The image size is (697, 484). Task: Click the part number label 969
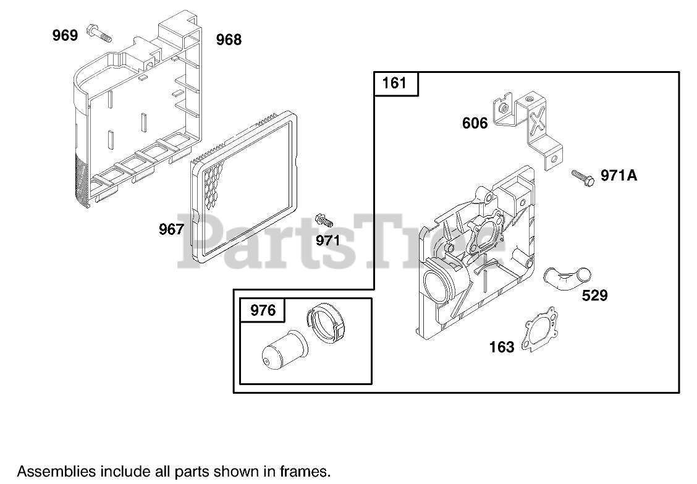(x=65, y=35)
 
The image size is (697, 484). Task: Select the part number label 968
(x=229, y=40)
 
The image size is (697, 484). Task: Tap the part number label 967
(x=171, y=230)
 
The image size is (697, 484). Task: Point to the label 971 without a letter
(x=327, y=240)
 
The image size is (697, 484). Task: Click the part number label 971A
(x=619, y=176)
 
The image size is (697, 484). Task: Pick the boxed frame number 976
(x=263, y=309)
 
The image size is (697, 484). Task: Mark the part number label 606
(x=475, y=124)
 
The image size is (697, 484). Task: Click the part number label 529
(x=594, y=295)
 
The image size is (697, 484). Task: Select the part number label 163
(x=501, y=347)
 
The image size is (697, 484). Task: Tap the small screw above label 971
(x=324, y=219)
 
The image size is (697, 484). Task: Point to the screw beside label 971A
(x=583, y=177)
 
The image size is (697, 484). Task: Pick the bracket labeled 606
(x=531, y=127)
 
